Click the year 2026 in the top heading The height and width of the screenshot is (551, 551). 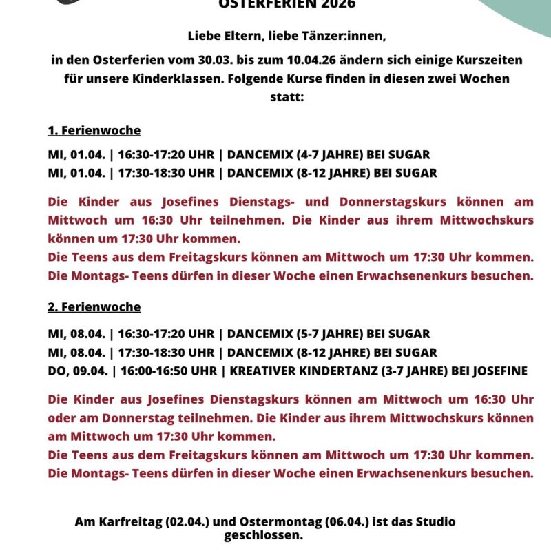[337, 4]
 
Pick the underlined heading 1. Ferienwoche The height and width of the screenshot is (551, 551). [94, 130]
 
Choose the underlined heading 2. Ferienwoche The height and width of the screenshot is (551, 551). [94, 307]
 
